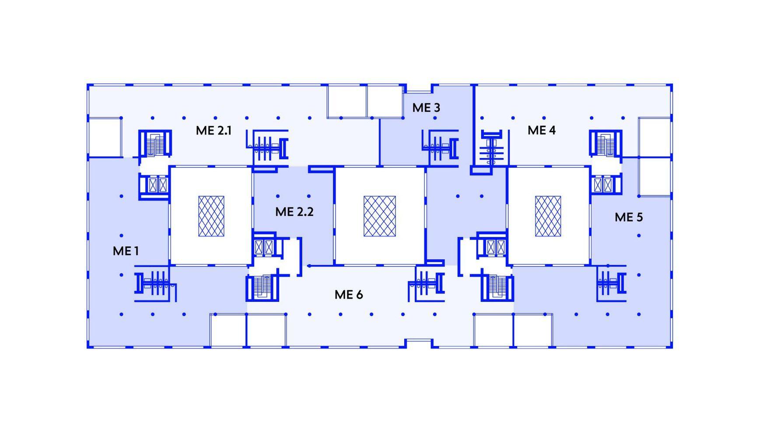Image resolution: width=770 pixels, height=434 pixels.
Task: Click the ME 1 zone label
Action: click(126, 251)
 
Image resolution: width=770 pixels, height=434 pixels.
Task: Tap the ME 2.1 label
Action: click(213, 131)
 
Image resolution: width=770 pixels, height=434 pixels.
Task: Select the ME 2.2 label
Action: click(294, 212)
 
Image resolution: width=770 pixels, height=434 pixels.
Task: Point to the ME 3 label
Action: click(426, 108)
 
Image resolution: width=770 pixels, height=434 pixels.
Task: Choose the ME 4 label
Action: click(542, 130)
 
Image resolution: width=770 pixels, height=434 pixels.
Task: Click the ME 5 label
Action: click(629, 217)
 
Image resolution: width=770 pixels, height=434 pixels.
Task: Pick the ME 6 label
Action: click(349, 295)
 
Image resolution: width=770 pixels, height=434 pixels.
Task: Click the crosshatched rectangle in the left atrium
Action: click(211, 216)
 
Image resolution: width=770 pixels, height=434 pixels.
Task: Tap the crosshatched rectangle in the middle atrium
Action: click(380, 216)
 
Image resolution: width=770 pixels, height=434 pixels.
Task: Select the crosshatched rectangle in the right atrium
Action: click(548, 216)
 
